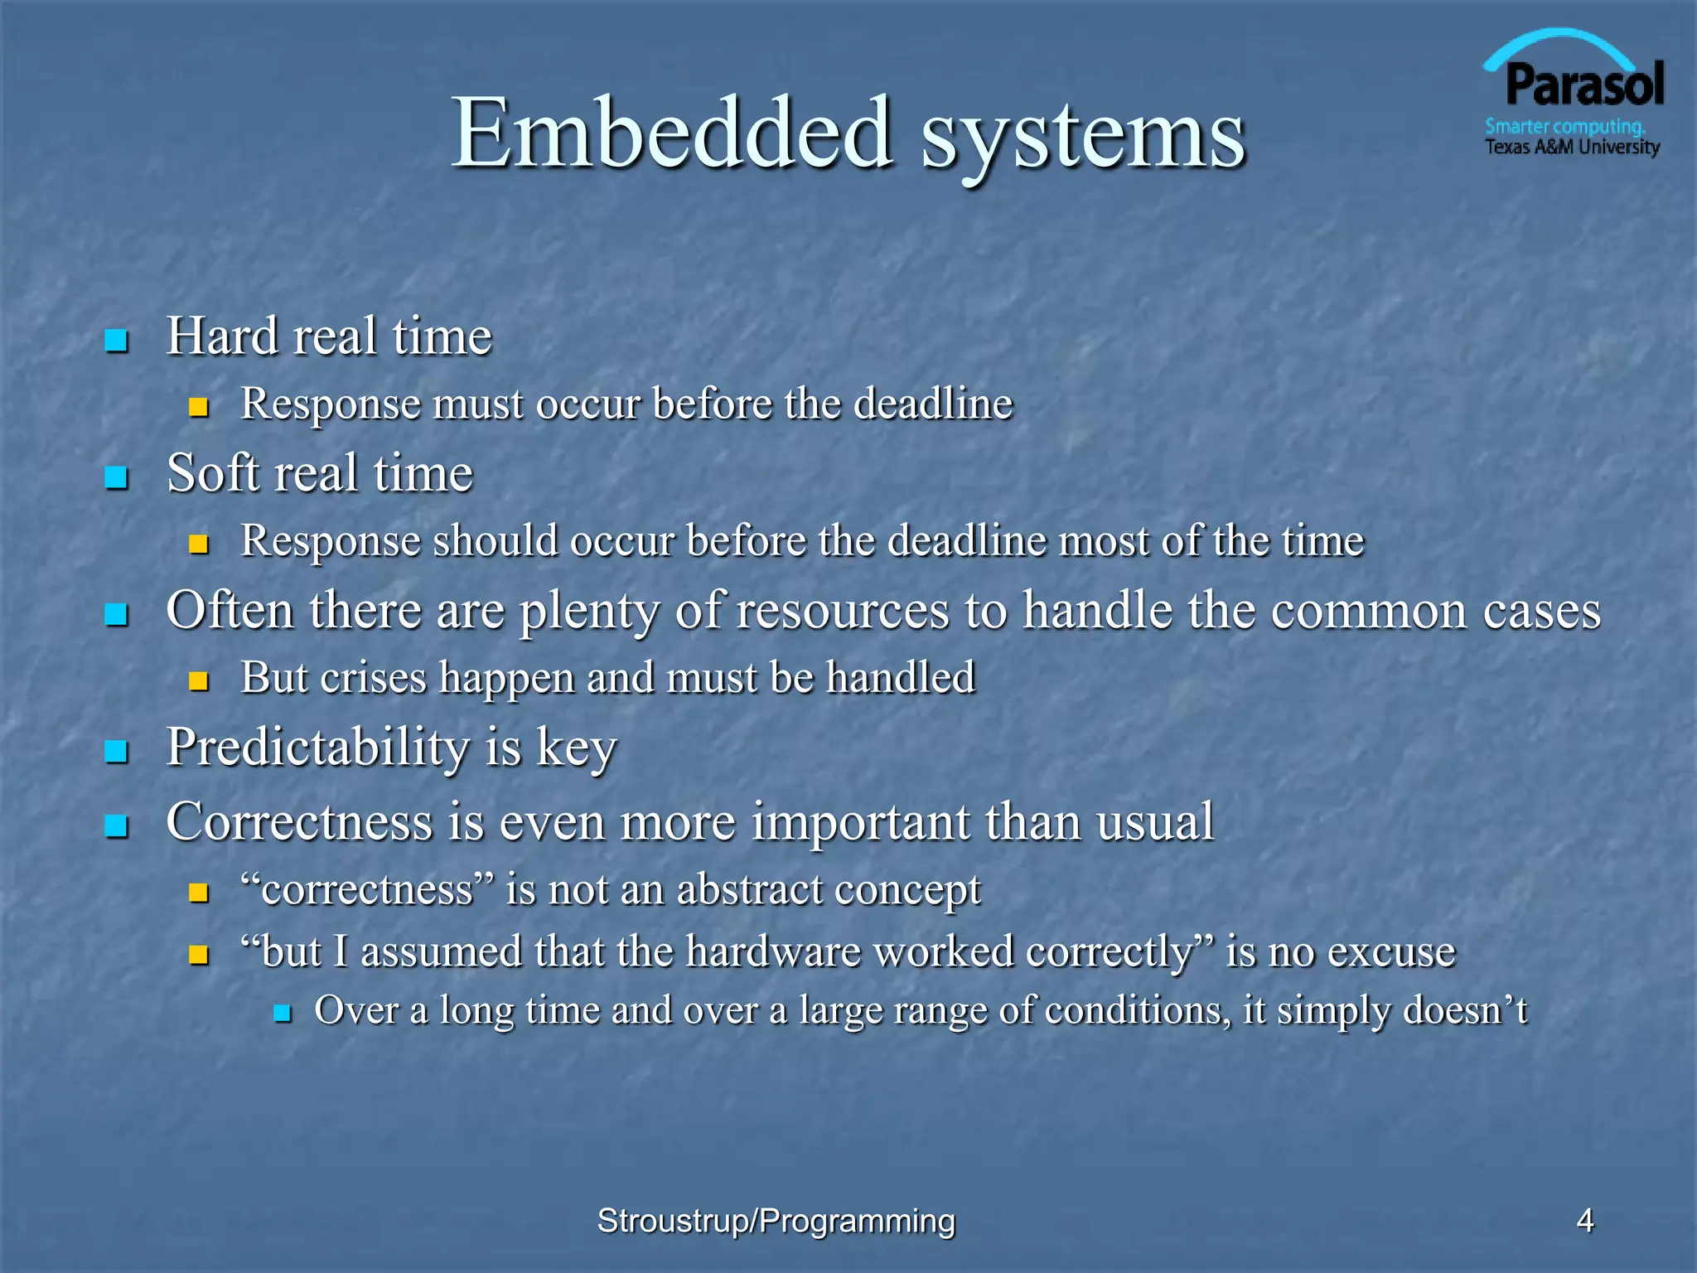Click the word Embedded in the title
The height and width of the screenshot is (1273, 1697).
click(x=672, y=133)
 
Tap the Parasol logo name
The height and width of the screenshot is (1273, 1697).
click(x=1583, y=85)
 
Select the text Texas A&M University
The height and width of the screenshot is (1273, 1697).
click(x=1572, y=148)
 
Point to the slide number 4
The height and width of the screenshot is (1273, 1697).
click(x=1584, y=1220)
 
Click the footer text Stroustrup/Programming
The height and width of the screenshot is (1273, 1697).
click(x=776, y=1221)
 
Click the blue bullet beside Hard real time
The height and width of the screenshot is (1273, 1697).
click(x=117, y=341)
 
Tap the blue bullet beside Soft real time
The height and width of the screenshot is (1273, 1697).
click(x=117, y=477)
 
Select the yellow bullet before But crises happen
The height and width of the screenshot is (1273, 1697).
click(x=198, y=681)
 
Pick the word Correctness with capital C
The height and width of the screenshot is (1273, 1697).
click(x=299, y=822)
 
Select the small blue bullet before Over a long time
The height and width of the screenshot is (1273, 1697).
click(x=283, y=1013)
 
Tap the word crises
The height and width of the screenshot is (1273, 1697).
click(x=373, y=677)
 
